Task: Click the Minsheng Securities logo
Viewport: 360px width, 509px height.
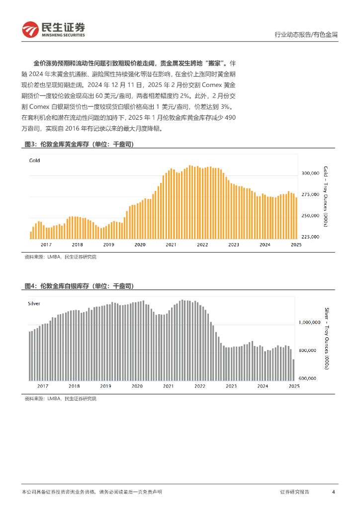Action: [54, 30]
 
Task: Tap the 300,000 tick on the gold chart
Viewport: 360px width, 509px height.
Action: [310, 173]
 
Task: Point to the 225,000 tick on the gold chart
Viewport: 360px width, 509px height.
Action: [310, 237]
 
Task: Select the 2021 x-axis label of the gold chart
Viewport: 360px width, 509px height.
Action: [171, 245]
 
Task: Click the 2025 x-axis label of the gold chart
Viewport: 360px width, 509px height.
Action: [296, 245]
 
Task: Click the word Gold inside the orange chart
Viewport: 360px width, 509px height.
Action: [34, 161]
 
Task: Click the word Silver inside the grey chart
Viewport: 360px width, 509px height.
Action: [34, 303]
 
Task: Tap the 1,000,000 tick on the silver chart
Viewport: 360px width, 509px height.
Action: [311, 323]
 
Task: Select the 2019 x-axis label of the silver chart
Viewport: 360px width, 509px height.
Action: [105, 386]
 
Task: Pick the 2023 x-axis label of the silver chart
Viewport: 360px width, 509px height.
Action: [231, 386]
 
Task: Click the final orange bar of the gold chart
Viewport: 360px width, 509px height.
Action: [297, 218]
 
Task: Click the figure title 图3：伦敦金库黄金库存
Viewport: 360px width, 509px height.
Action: [79, 144]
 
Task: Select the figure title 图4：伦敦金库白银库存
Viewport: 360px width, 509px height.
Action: [79, 286]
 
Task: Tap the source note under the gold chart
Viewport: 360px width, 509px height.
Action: [60, 257]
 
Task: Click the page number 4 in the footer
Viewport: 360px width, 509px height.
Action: [333, 492]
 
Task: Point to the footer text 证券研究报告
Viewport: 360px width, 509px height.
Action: [294, 492]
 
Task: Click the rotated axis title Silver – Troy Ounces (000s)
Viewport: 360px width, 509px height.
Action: [326, 339]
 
